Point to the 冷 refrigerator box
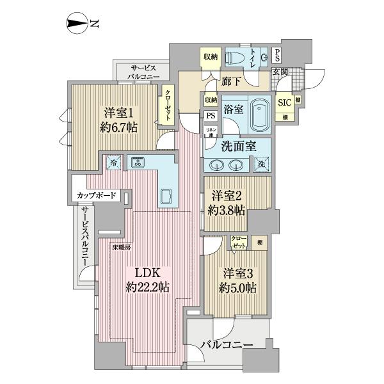[x=113, y=162]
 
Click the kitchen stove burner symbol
[x=138, y=163]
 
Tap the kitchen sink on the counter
[x=165, y=196]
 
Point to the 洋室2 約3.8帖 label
[x=226, y=202]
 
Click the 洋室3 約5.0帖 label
[x=236, y=279]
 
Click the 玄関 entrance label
[x=280, y=71]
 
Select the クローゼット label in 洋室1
[x=168, y=103]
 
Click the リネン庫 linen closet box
[x=209, y=132]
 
